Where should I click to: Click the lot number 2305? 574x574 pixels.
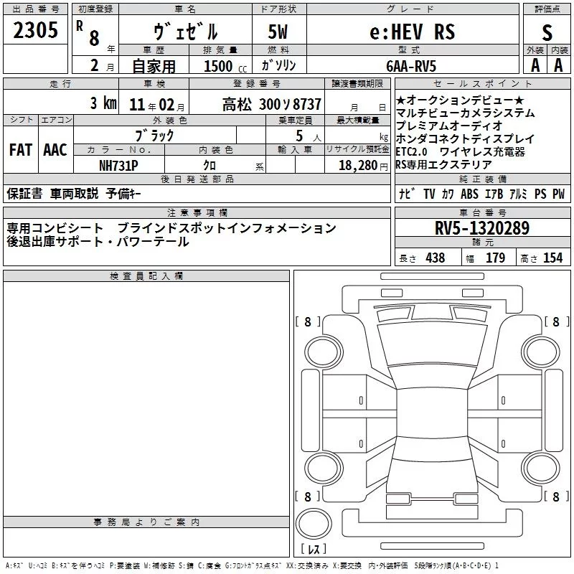tap(35, 30)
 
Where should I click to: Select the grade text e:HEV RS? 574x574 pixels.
tap(412, 32)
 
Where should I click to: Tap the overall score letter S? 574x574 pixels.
tap(547, 32)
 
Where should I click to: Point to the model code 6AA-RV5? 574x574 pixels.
tap(411, 66)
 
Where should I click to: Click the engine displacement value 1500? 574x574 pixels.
tap(218, 66)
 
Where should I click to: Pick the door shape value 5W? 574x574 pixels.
tap(278, 32)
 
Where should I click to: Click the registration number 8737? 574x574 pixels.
tap(307, 104)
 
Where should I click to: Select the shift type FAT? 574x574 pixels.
tap(21, 150)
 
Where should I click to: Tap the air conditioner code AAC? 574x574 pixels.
tap(55, 150)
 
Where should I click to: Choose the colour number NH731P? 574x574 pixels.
tap(118, 166)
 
